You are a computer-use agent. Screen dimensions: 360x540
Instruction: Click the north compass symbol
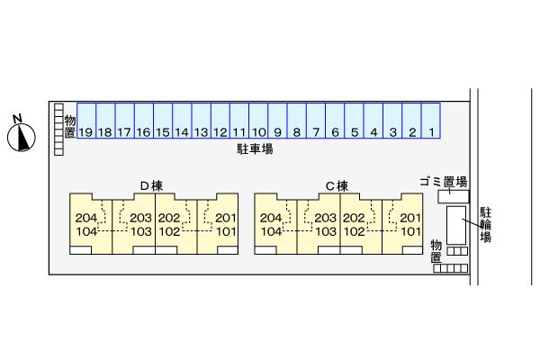click(x=20, y=135)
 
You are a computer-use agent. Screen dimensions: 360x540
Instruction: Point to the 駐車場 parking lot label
click(x=249, y=148)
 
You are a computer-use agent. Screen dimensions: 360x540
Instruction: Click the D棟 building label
click(x=150, y=186)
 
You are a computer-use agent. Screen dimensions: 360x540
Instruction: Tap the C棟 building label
click(x=337, y=186)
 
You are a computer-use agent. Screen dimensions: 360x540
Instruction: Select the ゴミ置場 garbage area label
click(x=443, y=181)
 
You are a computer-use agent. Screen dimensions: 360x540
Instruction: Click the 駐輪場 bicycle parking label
click(x=485, y=225)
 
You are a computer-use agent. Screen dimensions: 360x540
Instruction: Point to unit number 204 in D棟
click(x=86, y=219)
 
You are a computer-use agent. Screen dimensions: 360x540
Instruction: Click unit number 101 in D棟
click(x=225, y=231)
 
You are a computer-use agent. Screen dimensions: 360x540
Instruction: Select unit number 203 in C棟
click(x=325, y=219)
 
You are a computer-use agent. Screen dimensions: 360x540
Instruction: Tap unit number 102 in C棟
click(x=354, y=231)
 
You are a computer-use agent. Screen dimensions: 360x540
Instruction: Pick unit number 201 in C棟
click(x=410, y=219)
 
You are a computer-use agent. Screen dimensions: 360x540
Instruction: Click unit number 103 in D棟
click(x=140, y=231)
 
